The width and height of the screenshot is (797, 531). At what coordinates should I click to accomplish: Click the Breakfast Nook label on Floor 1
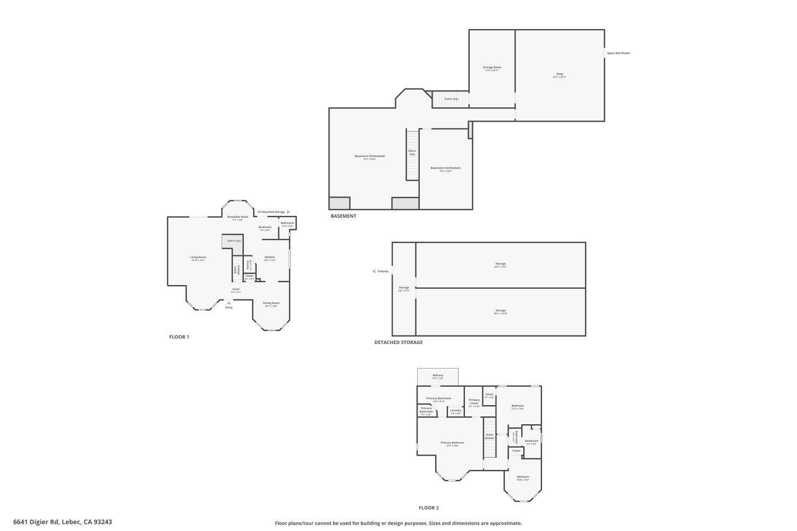[x=238, y=217]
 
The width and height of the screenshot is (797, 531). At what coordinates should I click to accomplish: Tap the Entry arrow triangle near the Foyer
[x=229, y=303]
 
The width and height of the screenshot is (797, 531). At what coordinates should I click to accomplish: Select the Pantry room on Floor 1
[x=248, y=264]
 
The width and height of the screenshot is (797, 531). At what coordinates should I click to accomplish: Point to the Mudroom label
[x=265, y=227]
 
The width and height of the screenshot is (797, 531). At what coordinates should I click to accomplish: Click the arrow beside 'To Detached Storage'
[x=289, y=212]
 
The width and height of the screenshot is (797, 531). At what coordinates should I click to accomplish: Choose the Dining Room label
[x=271, y=303]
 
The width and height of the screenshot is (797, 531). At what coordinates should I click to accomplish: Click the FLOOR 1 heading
[x=179, y=337]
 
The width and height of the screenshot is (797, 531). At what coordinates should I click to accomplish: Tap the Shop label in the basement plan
[x=559, y=74]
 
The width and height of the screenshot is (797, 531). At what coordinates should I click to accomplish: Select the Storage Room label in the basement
[x=491, y=67]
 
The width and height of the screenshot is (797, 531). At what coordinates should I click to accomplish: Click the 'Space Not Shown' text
[x=618, y=53]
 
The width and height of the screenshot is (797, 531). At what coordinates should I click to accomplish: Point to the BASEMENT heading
[x=343, y=216]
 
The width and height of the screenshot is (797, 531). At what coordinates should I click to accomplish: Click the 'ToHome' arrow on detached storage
[x=374, y=271]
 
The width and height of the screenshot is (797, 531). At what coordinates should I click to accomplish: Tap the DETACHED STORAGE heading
[x=398, y=342]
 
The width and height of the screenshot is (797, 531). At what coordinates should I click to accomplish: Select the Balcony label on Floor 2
[x=438, y=375]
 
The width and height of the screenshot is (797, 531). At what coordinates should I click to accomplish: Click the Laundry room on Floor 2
[x=456, y=410]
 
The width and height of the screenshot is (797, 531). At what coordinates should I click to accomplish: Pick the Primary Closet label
[x=474, y=401]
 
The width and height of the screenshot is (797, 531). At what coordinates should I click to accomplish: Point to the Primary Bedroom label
[x=452, y=443]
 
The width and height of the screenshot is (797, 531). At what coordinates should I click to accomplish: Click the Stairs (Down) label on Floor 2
[x=489, y=436]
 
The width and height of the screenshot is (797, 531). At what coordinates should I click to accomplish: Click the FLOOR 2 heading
[x=429, y=508]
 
